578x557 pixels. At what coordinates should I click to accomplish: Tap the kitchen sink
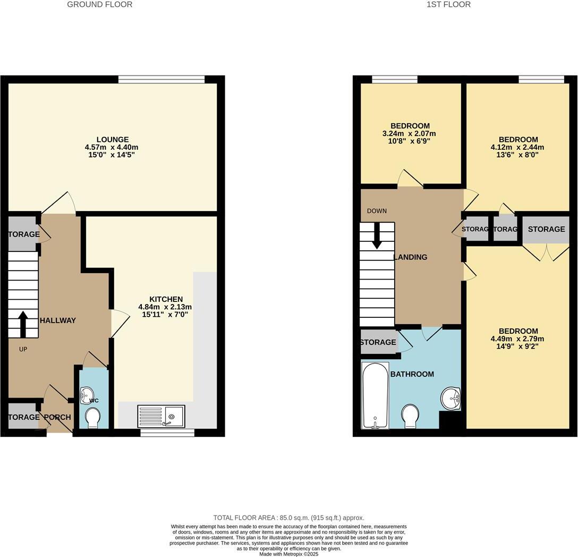(161, 416)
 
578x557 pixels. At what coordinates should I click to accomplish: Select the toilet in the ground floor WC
(92, 418)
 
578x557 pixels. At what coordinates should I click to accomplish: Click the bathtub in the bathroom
(375, 396)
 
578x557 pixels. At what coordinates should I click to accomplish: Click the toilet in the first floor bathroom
(411, 416)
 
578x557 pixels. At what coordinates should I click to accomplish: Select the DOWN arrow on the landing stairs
(377, 235)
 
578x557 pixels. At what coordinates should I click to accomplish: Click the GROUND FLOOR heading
(100, 5)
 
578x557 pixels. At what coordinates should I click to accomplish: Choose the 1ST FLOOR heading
(448, 5)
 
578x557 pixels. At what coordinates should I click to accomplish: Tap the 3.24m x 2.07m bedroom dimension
(409, 133)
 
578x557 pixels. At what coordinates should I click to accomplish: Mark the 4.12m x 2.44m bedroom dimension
(517, 147)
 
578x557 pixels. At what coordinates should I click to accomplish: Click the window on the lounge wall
(161, 80)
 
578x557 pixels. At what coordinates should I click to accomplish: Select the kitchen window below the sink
(167, 433)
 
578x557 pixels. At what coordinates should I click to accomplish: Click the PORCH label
(57, 417)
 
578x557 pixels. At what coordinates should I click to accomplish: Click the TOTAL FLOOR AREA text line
(288, 518)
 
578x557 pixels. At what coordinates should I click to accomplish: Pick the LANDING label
(411, 257)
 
